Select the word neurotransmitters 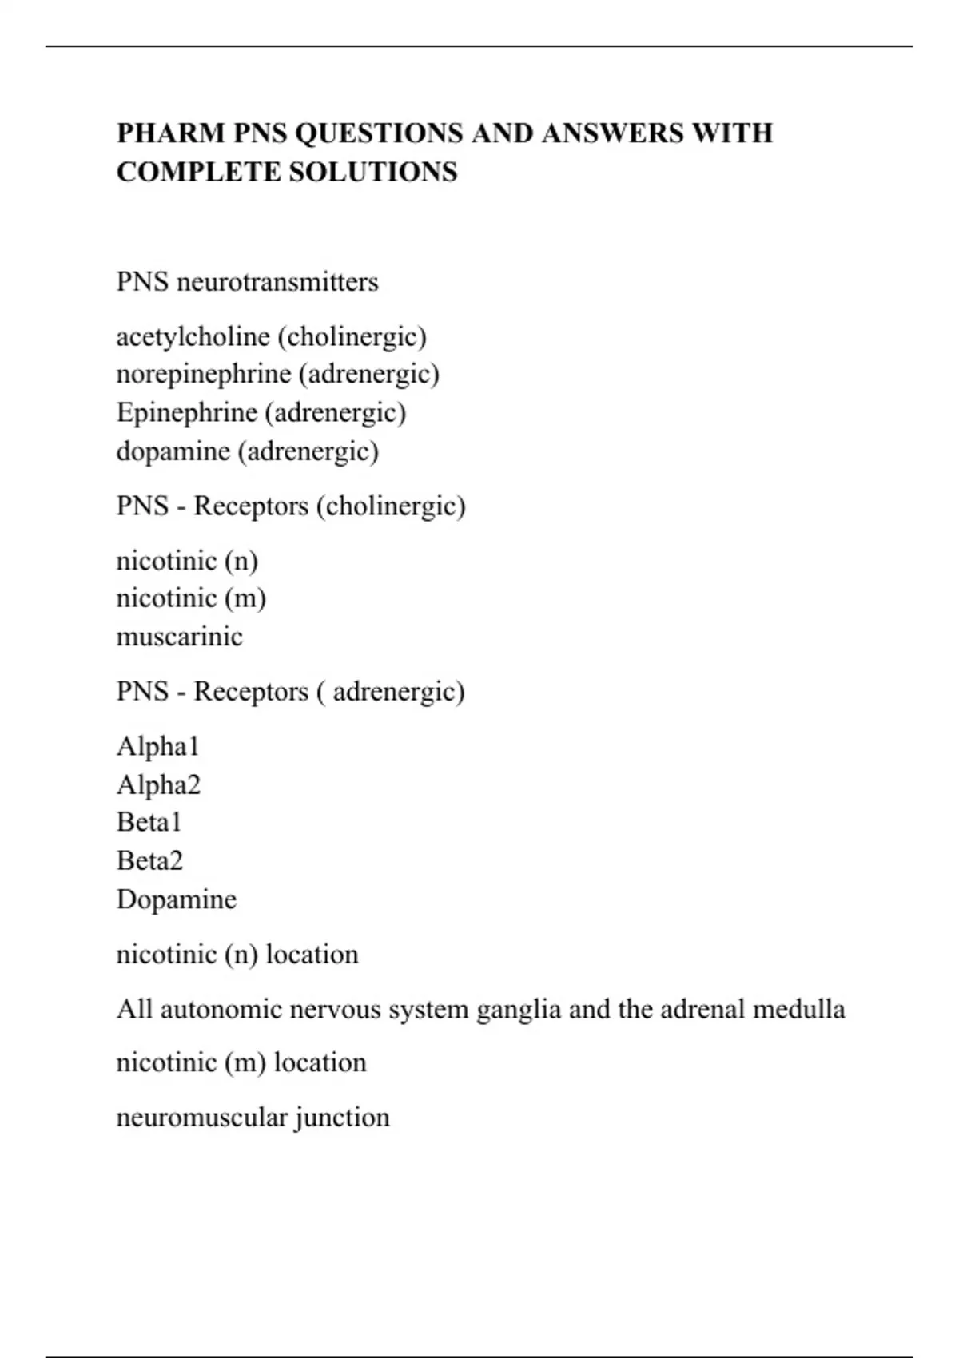pyautogui.click(x=277, y=282)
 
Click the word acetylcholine pyautogui.click(x=193, y=336)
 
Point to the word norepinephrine pyautogui.click(x=203, y=374)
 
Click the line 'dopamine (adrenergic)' pyautogui.click(x=248, y=451)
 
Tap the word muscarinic pyautogui.click(x=179, y=637)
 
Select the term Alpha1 pyautogui.click(x=157, y=746)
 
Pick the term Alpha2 pyautogui.click(x=158, y=784)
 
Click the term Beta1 pyautogui.click(x=149, y=822)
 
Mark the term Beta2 pyautogui.click(x=149, y=860)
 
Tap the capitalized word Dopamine pyautogui.click(x=177, y=899)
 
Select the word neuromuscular pyautogui.click(x=202, y=1117)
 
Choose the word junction pyautogui.click(x=342, y=1117)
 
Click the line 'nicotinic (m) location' pyautogui.click(x=241, y=1062)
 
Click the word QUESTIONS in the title pyautogui.click(x=379, y=133)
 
